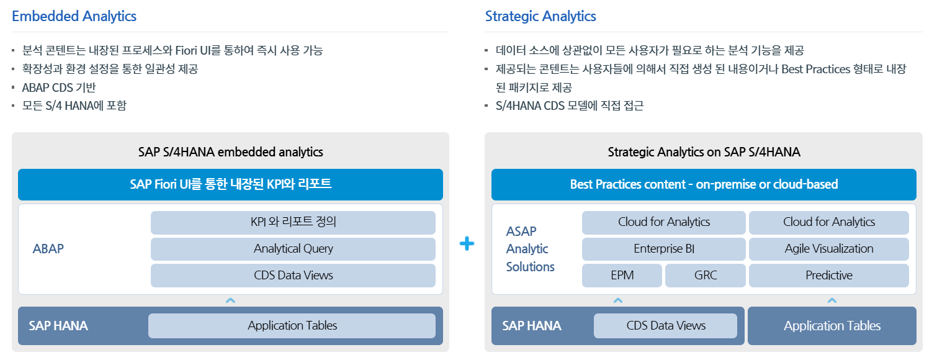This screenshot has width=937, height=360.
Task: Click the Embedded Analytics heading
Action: (74, 16)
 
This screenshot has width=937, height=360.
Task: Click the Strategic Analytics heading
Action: (540, 16)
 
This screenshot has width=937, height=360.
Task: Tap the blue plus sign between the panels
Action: (467, 243)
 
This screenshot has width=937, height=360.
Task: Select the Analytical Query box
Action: (293, 249)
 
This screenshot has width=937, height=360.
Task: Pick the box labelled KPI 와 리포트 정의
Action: (293, 222)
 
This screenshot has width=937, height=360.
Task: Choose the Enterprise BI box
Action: (663, 249)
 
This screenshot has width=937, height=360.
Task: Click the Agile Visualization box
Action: (828, 249)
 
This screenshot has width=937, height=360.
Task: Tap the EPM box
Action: (622, 276)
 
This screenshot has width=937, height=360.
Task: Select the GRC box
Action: (706, 276)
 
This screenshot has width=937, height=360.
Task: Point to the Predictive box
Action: (828, 276)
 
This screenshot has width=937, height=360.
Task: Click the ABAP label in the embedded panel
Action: (48, 249)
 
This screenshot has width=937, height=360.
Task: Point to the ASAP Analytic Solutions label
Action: (530, 249)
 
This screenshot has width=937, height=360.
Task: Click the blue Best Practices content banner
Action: (704, 184)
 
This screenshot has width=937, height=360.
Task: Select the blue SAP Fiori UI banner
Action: (230, 184)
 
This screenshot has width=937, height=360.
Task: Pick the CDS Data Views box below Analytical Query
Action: (293, 276)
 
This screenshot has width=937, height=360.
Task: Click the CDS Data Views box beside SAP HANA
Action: (666, 326)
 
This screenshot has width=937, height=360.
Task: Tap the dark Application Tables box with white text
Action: (832, 326)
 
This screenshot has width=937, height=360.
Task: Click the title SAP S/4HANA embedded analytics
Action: (230, 151)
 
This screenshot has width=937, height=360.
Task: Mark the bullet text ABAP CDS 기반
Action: (59, 88)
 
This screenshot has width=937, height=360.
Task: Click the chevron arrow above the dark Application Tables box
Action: (832, 300)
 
